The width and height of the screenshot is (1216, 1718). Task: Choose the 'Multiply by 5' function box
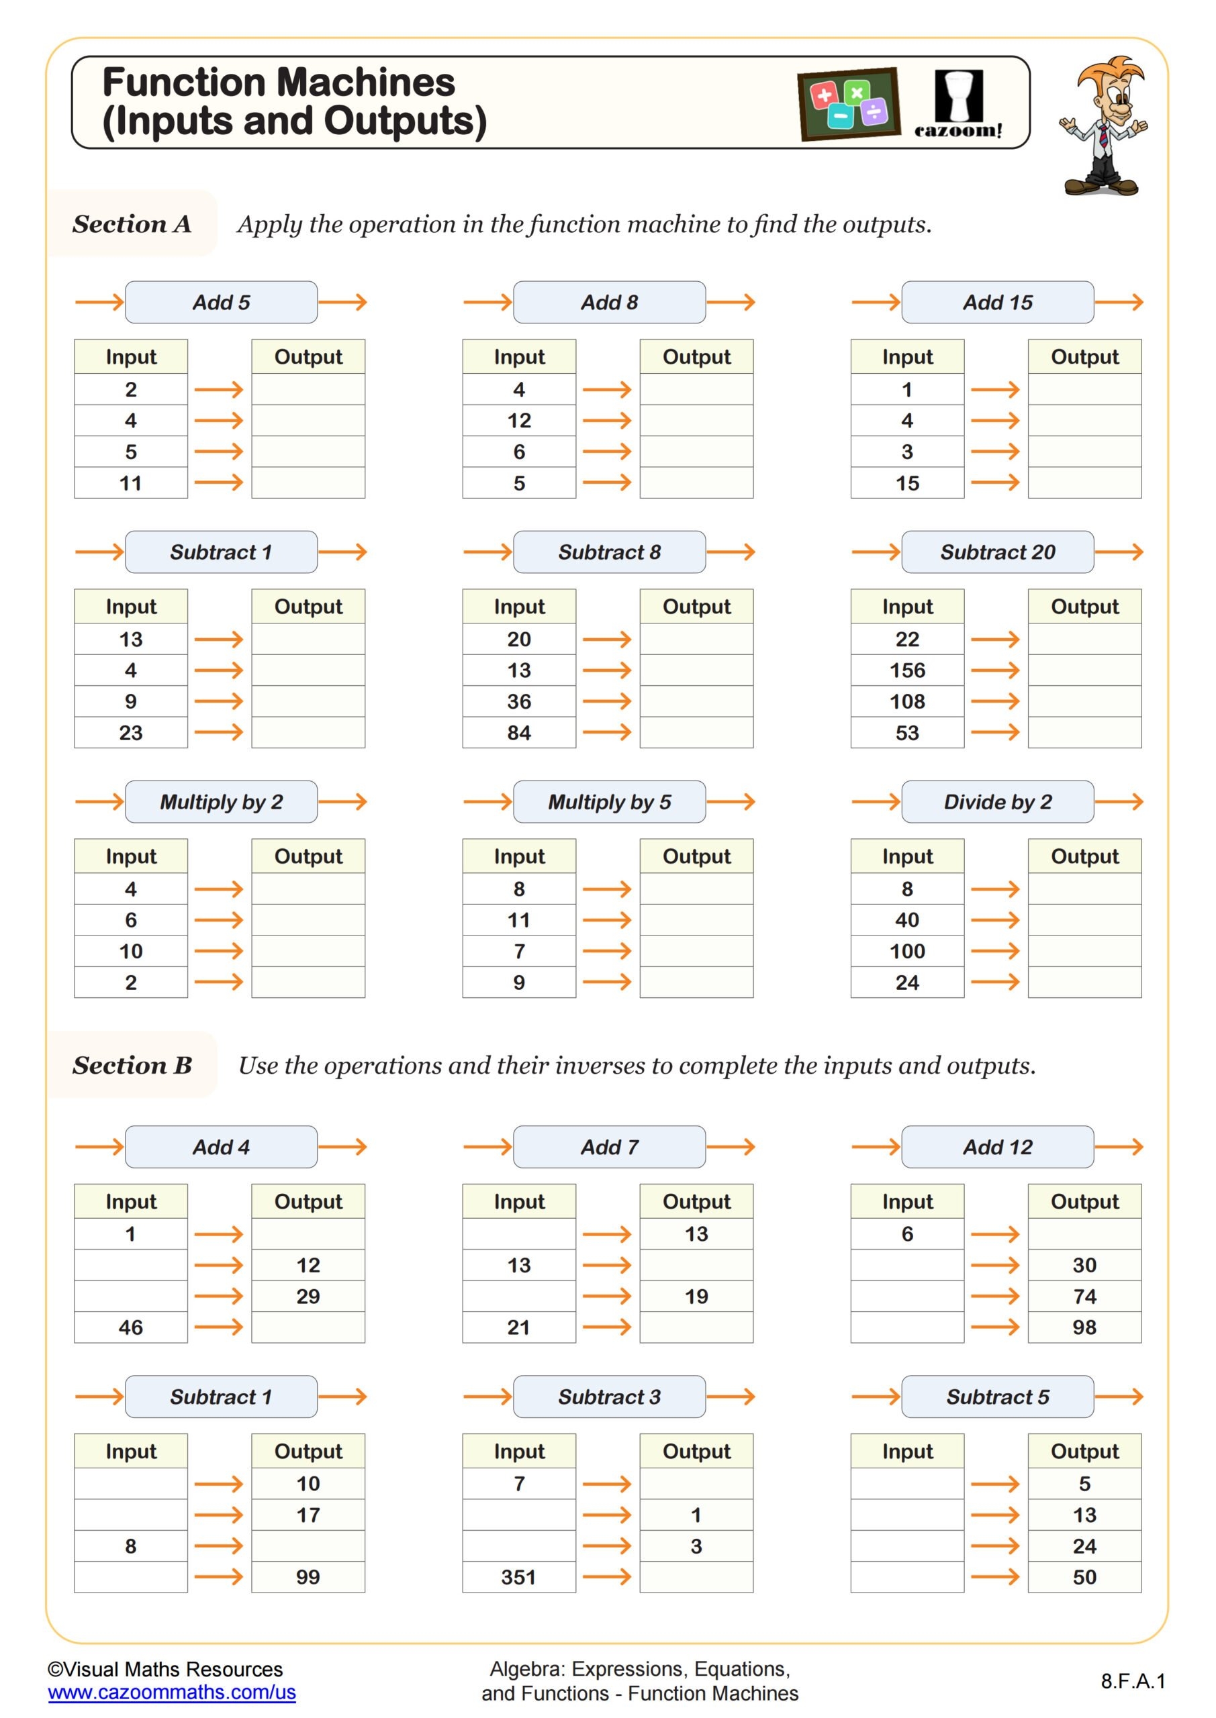(609, 801)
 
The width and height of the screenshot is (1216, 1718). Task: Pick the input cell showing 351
(518, 1576)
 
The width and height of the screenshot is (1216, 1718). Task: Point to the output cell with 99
(308, 1576)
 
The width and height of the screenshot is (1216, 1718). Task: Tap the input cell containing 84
(518, 733)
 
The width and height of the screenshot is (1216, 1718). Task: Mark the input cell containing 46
(130, 1327)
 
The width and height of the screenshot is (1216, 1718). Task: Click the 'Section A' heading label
(132, 223)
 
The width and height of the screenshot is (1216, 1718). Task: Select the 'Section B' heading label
(132, 1065)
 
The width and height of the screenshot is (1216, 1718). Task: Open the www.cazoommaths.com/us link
(171, 1692)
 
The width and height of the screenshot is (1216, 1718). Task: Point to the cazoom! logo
(957, 105)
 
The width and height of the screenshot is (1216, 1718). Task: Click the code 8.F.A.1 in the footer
(1132, 1681)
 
